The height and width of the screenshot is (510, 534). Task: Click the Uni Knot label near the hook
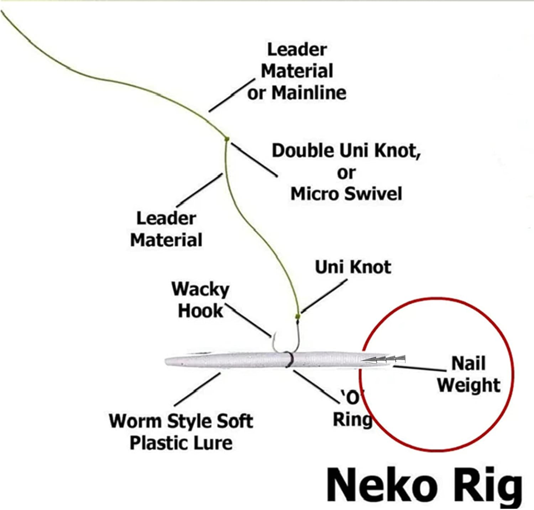tap(353, 267)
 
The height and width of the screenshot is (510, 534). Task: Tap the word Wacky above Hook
tap(200, 289)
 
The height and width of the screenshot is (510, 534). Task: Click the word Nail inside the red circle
tap(468, 363)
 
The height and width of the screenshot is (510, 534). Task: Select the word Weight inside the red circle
tap(468, 385)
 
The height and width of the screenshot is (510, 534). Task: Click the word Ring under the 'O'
tap(352, 419)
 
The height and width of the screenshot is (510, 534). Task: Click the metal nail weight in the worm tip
tap(384, 359)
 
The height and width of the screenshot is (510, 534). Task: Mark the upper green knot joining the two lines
tap(227, 139)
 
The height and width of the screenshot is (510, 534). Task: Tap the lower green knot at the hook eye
tap(298, 316)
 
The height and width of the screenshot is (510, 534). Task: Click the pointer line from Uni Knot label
tap(324, 295)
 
